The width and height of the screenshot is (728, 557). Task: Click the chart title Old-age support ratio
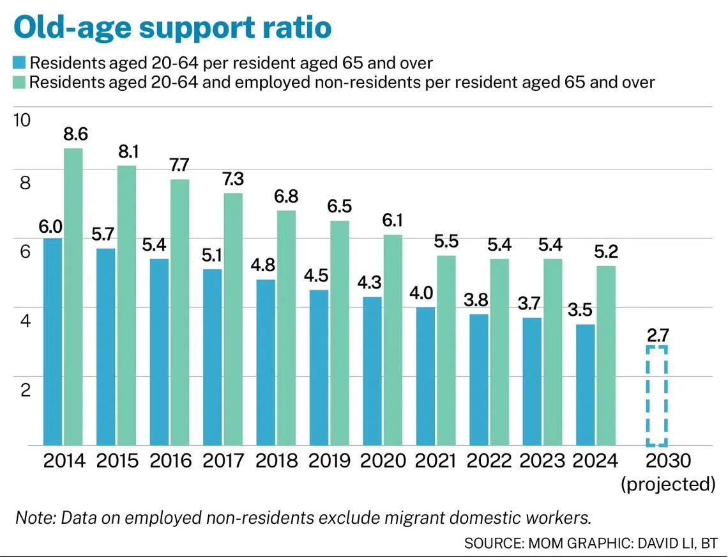click(x=172, y=27)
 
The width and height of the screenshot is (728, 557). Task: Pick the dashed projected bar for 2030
click(x=656, y=396)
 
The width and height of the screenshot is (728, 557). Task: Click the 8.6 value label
click(x=75, y=134)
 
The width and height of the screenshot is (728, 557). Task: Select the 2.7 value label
click(x=656, y=334)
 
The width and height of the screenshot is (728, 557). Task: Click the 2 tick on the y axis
click(x=26, y=389)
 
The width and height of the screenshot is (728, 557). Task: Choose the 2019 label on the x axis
click(x=330, y=461)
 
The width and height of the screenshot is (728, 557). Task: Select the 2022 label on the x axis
click(x=490, y=461)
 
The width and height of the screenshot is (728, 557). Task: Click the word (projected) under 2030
click(x=667, y=484)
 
